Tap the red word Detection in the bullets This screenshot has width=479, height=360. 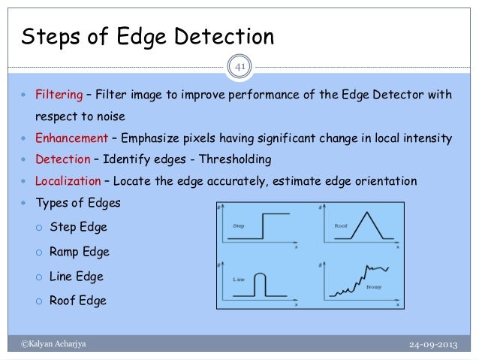tap(61, 159)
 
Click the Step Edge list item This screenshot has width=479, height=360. tap(79, 227)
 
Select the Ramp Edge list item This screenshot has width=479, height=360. tap(81, 252)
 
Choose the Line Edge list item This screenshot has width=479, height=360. tap(76, 277)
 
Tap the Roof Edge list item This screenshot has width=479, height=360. tap(77, 301)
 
